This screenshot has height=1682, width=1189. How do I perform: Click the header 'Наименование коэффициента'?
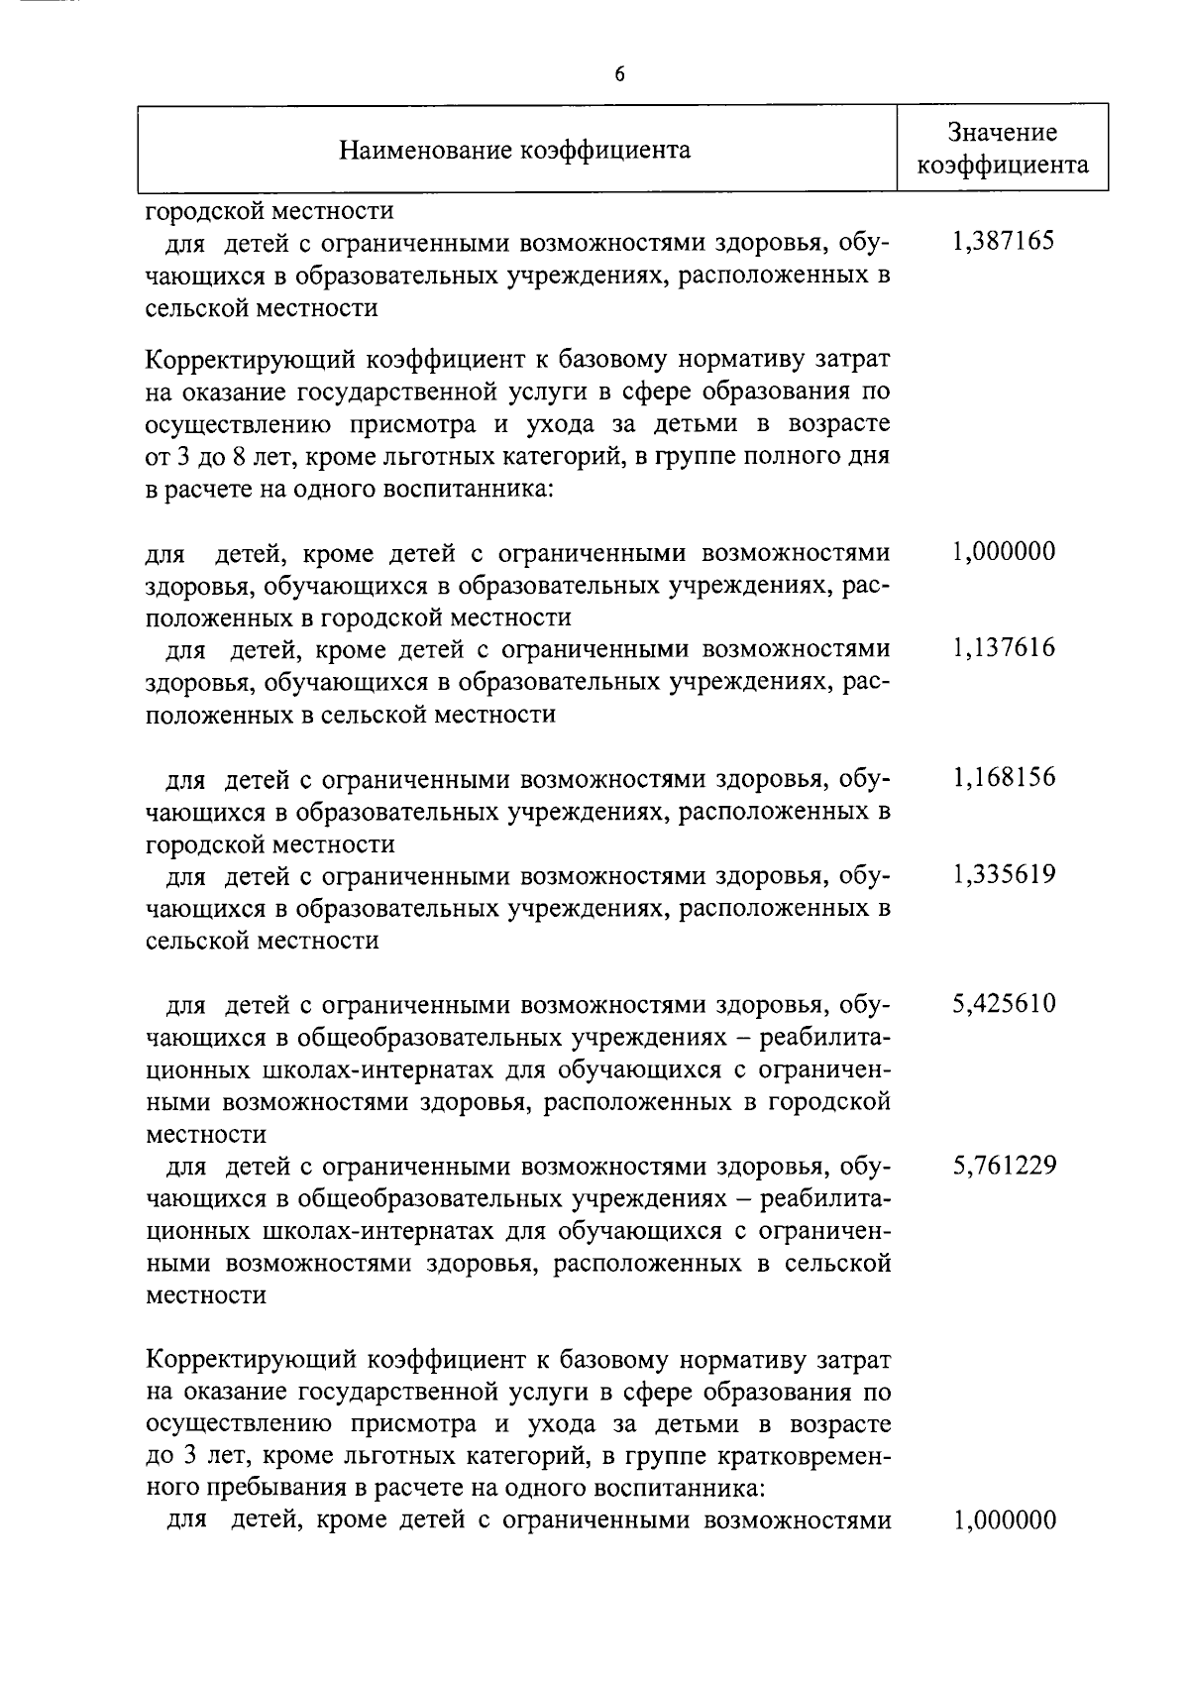(x=515, y=151)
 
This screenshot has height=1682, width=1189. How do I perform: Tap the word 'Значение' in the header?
(x=1002, y=133)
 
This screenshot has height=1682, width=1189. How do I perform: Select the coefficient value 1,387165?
(x=1003, y=241)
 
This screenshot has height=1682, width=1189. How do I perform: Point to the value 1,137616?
(x=1003, y=648)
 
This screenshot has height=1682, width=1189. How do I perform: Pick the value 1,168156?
(x=1003, y=777)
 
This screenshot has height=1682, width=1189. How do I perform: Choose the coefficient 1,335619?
(x=1003, y=874)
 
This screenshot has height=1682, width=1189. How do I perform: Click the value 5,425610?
(x=1003, y=1004)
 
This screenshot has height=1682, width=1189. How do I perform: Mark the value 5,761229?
(x=1003, y=1166)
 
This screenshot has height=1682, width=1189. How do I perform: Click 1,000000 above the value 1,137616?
(x=1003, y=551)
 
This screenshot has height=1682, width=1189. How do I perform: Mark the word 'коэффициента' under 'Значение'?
(x=1002, y=165)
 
